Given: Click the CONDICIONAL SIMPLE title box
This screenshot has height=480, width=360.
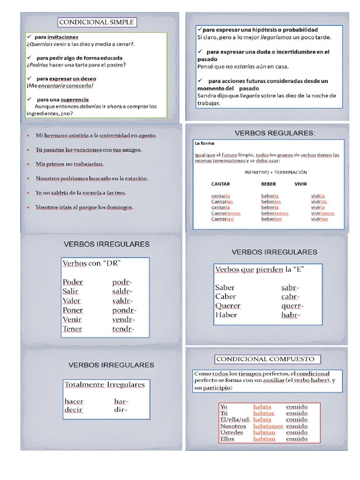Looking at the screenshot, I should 97,22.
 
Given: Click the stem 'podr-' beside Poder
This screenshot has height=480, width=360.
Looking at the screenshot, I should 122,282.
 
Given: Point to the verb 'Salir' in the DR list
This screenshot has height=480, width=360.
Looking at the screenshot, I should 70,291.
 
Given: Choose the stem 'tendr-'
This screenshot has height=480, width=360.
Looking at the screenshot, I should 123,329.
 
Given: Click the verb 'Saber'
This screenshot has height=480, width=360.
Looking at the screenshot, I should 225,287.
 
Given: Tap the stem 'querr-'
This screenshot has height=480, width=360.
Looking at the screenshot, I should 291,306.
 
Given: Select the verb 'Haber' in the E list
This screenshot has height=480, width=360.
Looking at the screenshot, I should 226,315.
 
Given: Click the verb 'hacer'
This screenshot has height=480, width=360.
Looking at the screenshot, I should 74,401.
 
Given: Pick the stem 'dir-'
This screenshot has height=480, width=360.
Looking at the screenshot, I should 120,410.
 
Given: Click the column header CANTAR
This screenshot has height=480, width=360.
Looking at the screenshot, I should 220,184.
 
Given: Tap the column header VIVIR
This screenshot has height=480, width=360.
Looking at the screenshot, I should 300,184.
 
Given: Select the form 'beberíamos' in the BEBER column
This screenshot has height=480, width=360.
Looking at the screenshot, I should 275,213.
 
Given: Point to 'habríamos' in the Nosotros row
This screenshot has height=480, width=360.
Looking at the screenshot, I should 268,426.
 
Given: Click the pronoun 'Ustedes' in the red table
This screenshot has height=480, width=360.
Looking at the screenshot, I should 232,432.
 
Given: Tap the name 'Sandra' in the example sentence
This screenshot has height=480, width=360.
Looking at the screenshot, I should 207,96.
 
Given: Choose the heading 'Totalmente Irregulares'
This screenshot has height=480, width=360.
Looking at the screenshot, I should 105,384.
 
